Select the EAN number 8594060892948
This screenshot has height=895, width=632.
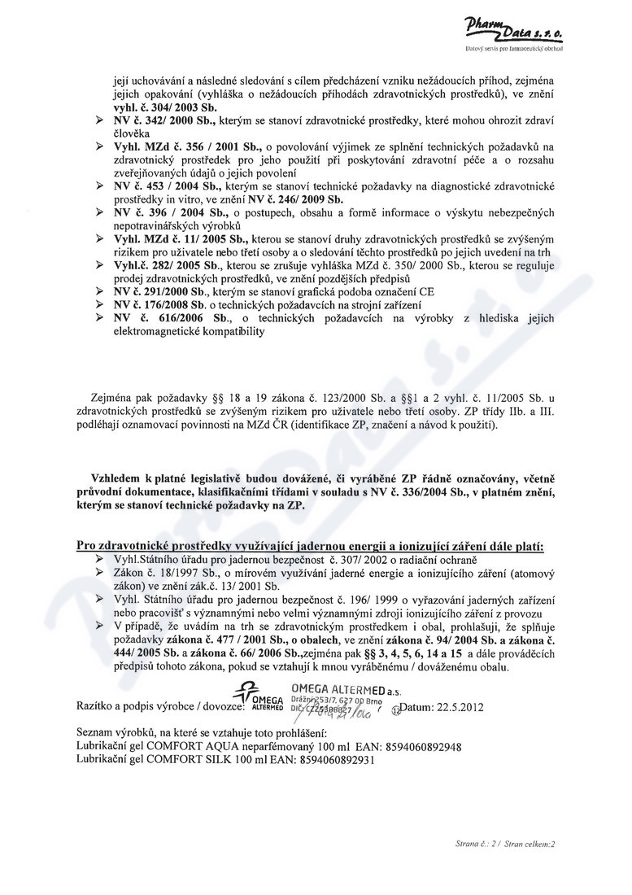pos(416,746)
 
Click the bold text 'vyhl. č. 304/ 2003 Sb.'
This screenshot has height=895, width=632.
pos(164,107)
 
